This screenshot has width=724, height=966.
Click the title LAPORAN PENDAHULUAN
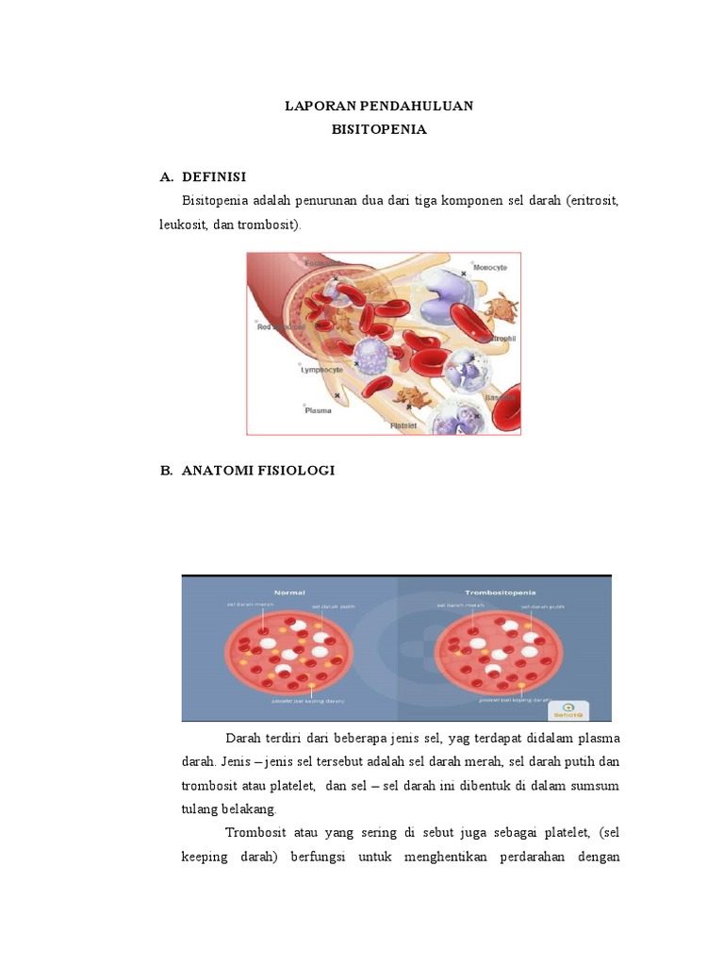point(379,106)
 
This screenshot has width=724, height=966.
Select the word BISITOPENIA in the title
point(379,129)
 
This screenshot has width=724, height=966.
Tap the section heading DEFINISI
point(214,176)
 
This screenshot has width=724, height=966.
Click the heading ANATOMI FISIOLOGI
point(258,471)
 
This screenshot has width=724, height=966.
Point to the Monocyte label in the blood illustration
point(490,268)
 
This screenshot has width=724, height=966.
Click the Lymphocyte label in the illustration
point(322,371)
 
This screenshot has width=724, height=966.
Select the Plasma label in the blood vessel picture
point(318,410)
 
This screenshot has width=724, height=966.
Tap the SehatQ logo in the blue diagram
point(568,709)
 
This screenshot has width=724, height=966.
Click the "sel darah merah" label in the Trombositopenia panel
point(460,606)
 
